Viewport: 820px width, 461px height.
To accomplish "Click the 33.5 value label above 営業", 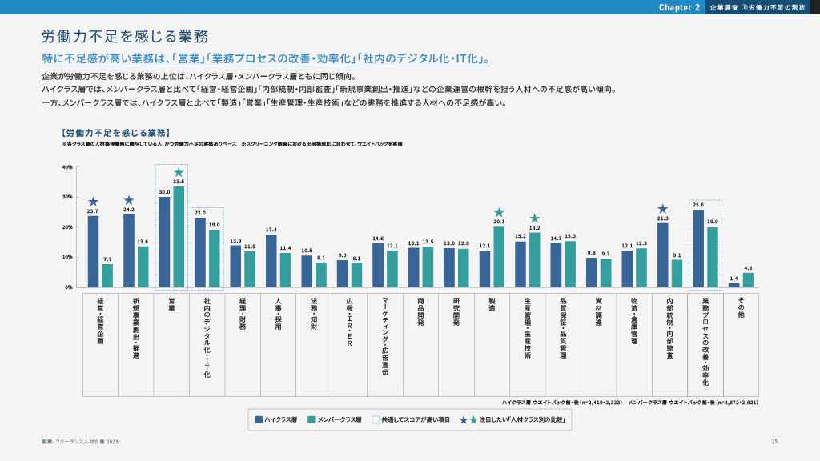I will pyautogui.click(x=179, y=182).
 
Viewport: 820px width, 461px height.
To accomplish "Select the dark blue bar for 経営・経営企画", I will pyautogui.click(x=94, y=251).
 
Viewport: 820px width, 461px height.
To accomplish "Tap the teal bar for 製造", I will pyautogui.click(x=499, y=257).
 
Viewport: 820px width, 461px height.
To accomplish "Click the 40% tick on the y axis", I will pyautogui.click(x=66, y=167).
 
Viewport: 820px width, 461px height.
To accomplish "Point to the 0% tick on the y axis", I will pyautogui.click(x=68, y=287).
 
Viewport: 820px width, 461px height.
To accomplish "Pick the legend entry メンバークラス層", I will pyautogui.click(x=334, y=419).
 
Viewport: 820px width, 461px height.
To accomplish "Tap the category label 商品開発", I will pyautogui.click(x=420, y=313).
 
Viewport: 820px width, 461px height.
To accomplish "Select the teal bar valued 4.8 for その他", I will pyautogui.click(x=748, y=279).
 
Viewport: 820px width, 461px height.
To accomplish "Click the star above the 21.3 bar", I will pyautogui.click(x=662, y=209).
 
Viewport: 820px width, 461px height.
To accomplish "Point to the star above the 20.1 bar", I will pyautogui.click(x=499, y=213).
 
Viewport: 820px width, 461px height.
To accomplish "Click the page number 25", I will pyautogui.click(x=774, y=442).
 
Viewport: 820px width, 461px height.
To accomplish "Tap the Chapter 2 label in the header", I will pyautogui.click(x=680, y=7).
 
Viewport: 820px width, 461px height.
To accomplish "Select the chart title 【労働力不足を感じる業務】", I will pyautogui.click(x=115, y=132).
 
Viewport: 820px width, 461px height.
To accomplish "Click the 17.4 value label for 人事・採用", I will pyautogui.click(x=271, y=230).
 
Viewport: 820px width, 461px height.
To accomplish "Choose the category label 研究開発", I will pyautogui.click(x=456, y=313).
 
